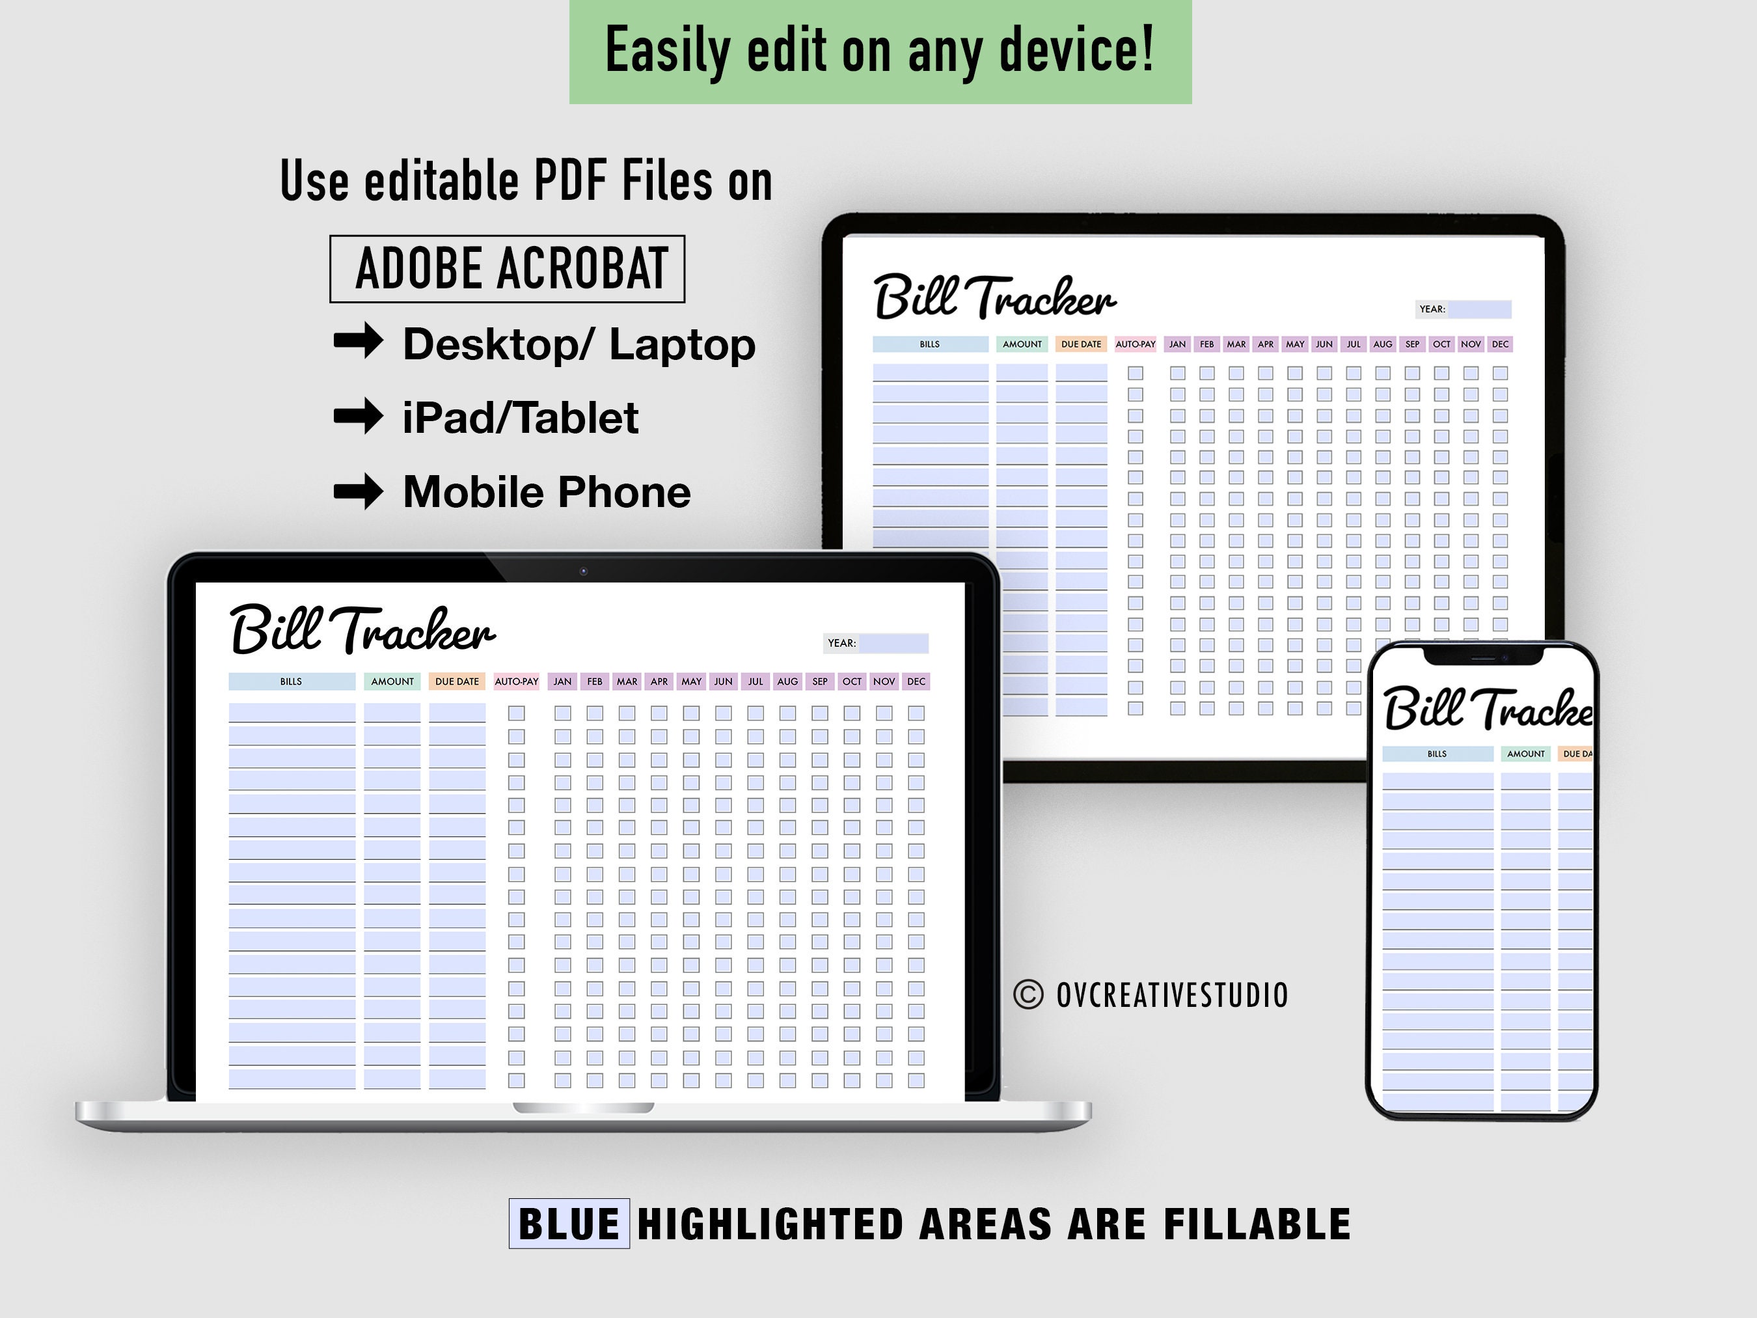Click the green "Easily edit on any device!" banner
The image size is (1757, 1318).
[x=880, y=51]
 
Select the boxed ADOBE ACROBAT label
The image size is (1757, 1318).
[x=508, y=269]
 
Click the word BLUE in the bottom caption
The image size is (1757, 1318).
[x=569, y=1224]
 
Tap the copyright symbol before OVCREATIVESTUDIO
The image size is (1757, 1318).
[x=1029, y=995]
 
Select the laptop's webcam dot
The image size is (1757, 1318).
[x=584, y=571]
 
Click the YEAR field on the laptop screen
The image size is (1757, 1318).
[x=893, y=642]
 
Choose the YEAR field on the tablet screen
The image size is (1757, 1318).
[x=1478, y=309]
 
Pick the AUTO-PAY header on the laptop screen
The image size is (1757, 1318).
[x=516, y=681]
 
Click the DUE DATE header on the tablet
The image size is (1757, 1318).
[x=1081, y=344]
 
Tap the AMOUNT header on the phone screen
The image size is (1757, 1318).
[x=1526, y=754]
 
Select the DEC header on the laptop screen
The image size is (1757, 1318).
[x=916, y=681]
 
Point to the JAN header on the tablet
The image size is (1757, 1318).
[x=1177, y=344]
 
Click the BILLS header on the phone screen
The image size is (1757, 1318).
[x=1437, y=754]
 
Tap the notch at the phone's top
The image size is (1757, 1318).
[x=1483, y=656]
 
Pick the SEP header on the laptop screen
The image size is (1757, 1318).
[x=820, y=681]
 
